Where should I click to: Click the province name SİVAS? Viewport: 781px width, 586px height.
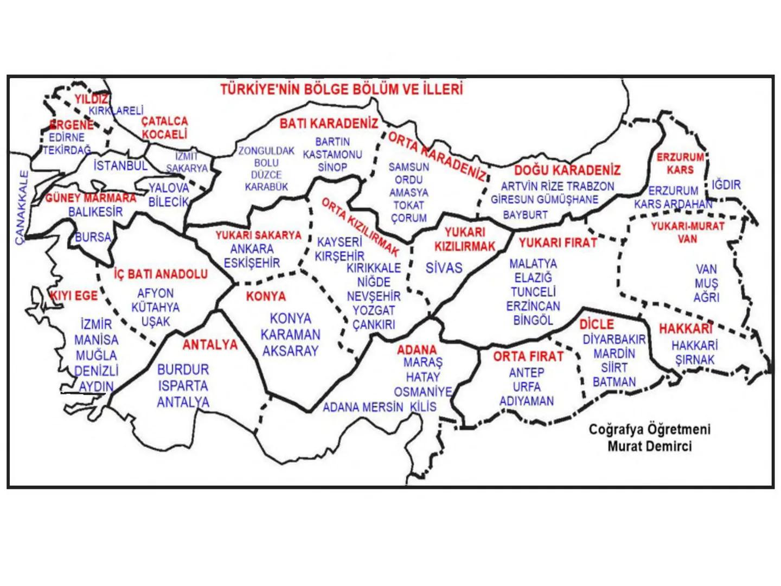pos(444,268)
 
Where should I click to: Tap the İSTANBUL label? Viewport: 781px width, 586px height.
pos(120,165)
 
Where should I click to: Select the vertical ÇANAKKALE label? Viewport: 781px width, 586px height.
pos(22,207)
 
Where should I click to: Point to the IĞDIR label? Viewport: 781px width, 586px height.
pos(726,185)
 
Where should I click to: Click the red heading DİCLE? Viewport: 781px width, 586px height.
pos(597,324)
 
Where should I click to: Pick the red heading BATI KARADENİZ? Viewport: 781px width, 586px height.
pos(329,124)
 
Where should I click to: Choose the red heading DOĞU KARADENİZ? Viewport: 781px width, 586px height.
pos(567,170)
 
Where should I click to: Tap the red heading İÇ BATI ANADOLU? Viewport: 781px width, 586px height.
pos(161,274)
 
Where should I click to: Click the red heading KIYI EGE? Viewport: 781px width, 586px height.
pos(74,296)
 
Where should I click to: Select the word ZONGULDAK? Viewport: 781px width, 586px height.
pos(266,151)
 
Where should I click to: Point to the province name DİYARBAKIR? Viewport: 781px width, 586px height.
pos(614,340)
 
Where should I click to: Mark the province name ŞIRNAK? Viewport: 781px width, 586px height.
pos(695,360)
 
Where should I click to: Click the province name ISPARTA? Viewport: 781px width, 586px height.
pos(183,386)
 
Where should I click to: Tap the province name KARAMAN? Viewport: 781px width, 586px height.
pos(290,335)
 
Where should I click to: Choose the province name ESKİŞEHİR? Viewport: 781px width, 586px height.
pos(252,263)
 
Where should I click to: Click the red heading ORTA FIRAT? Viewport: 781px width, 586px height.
pos(528,356)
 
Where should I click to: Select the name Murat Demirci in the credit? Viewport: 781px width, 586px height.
pos(649,447)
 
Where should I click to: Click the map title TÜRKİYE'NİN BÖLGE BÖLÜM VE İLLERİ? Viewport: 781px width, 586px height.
pos(342,89)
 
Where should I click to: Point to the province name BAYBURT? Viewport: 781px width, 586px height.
pos(525,215)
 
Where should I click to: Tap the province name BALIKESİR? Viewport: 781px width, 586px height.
pos(95,212)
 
